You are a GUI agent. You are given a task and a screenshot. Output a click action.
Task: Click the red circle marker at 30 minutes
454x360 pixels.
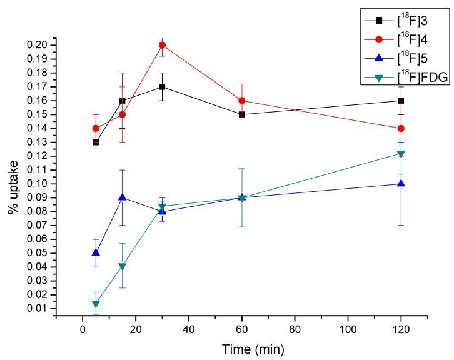pos(162,45)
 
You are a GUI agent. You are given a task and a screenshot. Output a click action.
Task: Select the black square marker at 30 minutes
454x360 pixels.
pos(162,86)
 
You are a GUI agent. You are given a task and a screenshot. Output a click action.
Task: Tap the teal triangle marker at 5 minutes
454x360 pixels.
pos(96,304)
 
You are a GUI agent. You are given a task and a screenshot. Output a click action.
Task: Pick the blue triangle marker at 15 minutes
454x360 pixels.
pos(123,197)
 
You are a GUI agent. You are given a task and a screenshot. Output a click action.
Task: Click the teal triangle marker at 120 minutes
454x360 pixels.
pos(401,154)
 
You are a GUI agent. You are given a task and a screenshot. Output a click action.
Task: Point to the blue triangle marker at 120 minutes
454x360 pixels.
pos(401,183)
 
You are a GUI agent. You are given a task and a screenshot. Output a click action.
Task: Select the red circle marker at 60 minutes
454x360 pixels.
pos(241,101)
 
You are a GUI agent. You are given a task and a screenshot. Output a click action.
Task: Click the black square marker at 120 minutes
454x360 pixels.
pos(401,101)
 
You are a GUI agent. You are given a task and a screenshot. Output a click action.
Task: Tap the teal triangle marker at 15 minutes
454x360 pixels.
pos(123,266)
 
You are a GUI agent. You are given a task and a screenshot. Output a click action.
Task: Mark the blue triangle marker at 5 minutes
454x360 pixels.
pos(96,252)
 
